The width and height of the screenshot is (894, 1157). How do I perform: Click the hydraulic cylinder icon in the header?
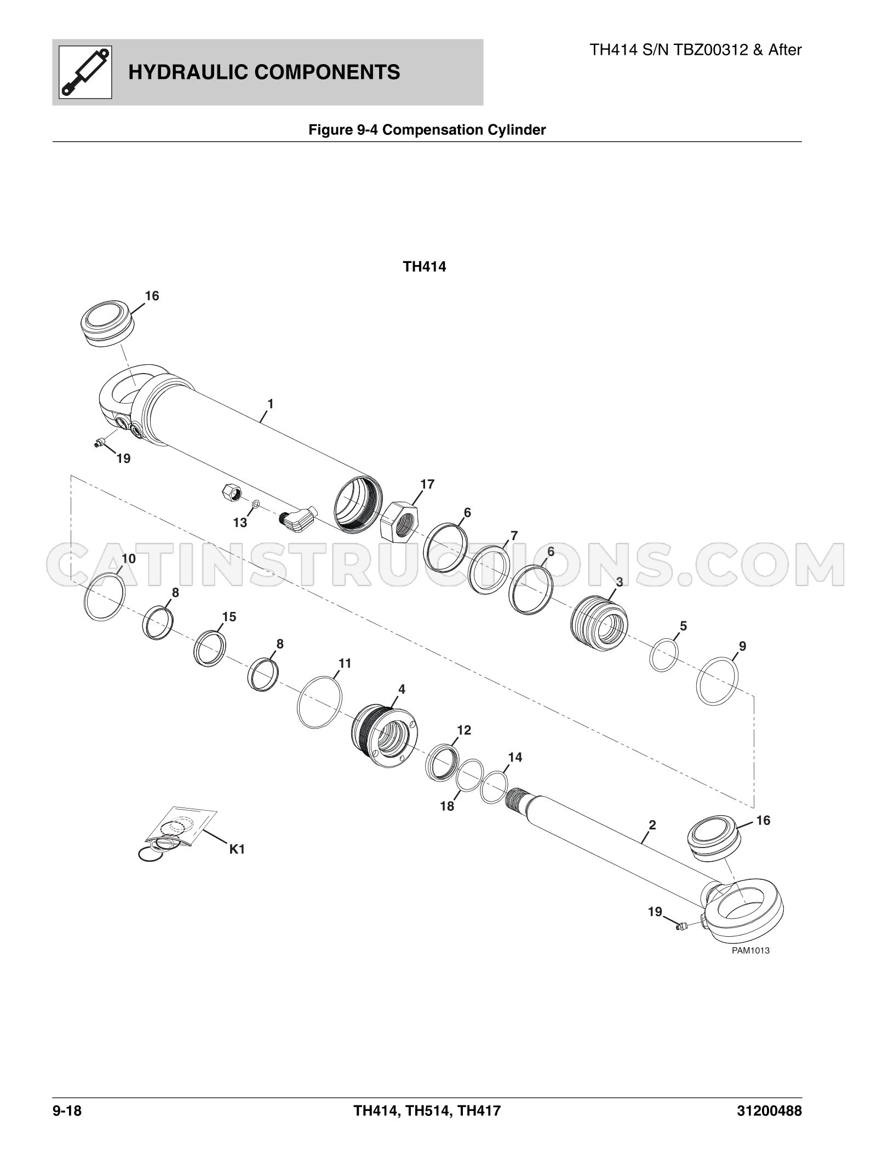click(85, 72)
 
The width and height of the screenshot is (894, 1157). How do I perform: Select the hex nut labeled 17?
click(399, 521)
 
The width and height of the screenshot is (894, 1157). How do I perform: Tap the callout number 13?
click(240, 523)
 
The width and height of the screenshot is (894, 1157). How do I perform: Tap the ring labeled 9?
click(717, 681)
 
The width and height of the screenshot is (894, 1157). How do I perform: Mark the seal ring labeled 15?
click(210, 648)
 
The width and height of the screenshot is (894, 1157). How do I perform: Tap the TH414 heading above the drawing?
click(425, 267)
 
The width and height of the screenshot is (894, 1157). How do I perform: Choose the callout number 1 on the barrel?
click(270, 404)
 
